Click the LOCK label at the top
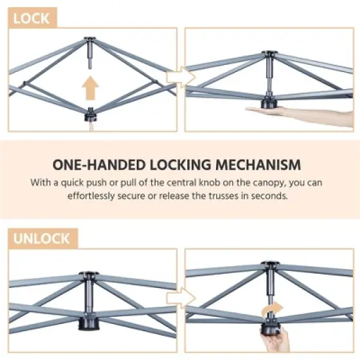31,18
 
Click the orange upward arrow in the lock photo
90,86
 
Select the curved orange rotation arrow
273,308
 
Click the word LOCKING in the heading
179,164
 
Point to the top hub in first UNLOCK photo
86,278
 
